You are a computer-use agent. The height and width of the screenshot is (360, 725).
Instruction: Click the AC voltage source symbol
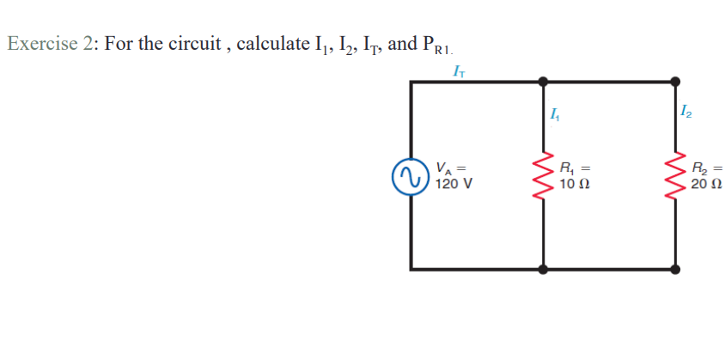click(x=410, y=175)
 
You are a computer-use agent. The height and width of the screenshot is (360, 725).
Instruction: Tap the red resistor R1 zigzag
click(x=543, y=175)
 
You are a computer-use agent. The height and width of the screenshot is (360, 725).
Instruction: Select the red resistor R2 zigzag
click(x=676, y=175)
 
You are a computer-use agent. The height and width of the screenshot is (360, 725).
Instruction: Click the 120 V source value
click(x=452, y=183)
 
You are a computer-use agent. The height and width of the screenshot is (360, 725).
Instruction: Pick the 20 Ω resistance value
click(x=706, y=185)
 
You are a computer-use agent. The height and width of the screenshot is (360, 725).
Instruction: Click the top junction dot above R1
click(x=543, y=82)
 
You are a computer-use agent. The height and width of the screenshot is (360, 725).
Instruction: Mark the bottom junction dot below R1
click(x=543, y=269)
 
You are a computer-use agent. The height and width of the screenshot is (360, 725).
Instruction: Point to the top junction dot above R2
click(x=676, y=82)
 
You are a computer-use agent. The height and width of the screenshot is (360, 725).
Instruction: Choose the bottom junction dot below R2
click(x=676, y=269)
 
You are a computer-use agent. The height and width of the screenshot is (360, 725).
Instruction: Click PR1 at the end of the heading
click(x=434, y=46)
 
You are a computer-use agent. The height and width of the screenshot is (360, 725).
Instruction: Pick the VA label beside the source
click(x=446, y=168)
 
